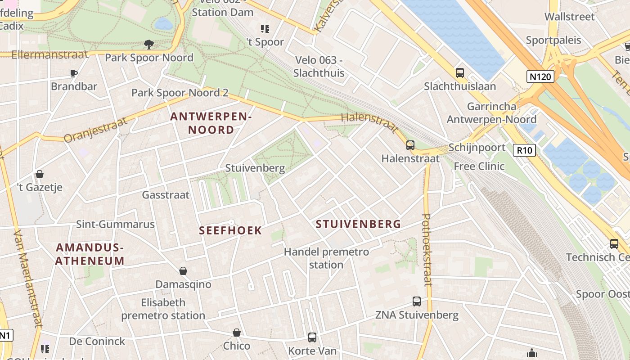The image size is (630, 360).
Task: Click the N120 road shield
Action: click(540, 76)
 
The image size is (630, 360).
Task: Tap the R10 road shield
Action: click(525, 150)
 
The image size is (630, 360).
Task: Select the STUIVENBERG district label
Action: click(358, 224)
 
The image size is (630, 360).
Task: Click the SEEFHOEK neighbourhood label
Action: click(230, 230)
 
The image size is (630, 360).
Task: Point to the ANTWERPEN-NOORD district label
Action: click(211, 123)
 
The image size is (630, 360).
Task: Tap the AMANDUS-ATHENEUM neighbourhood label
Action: click(90, 254)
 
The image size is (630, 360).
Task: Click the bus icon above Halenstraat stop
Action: click(410, 145)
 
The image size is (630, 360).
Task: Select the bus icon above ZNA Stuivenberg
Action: click(417, 301)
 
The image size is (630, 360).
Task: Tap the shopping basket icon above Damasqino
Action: click(183, 270)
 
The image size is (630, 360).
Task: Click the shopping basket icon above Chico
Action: click(237, 332)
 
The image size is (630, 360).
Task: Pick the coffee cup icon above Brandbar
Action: click(74, 73)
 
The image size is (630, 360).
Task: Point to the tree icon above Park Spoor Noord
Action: click(148, 44)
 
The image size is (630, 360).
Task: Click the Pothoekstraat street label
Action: click(427, 250)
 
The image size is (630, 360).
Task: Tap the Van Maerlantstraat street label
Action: click(28, 279)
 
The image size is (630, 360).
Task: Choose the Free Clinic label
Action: click(479, 166)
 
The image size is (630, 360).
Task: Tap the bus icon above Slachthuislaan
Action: click(459, 72)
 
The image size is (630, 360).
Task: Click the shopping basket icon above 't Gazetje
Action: click(40, 174)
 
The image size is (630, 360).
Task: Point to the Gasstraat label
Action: click(166, 195)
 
